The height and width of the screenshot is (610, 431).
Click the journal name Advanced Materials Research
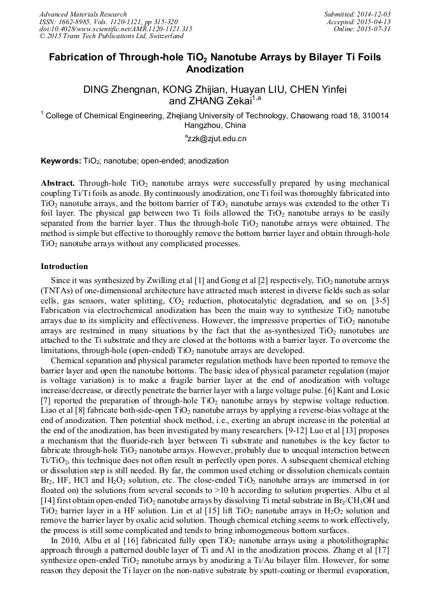point(83,14)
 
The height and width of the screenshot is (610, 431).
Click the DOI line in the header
point(116,29)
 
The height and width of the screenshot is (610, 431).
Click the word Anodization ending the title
point(215,69)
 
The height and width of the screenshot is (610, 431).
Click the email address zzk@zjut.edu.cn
point(216,139)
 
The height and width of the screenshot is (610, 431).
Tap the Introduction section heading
point(64,266)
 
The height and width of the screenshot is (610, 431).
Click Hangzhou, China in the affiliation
point(215,125)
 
